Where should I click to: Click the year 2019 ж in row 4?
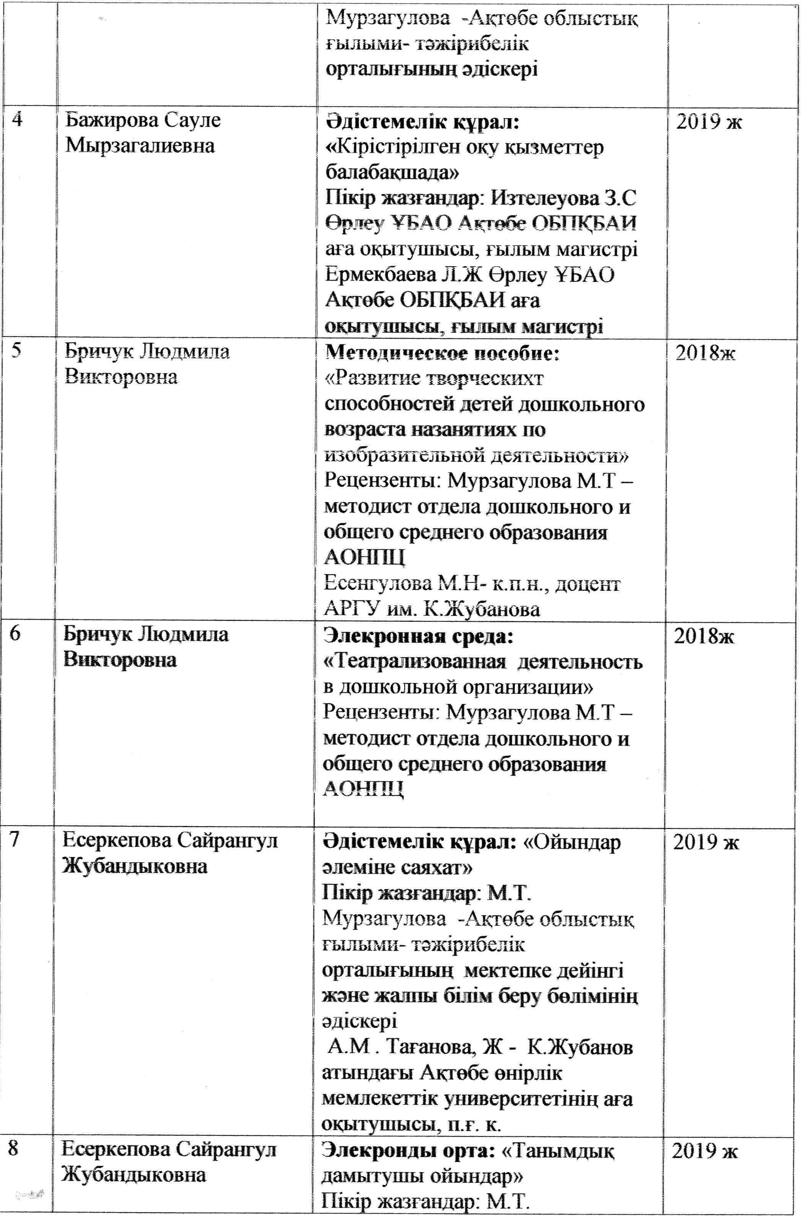pyautogui.click(x=708, y=123)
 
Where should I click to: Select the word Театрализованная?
pyautogui.click(x=418, y=663)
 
